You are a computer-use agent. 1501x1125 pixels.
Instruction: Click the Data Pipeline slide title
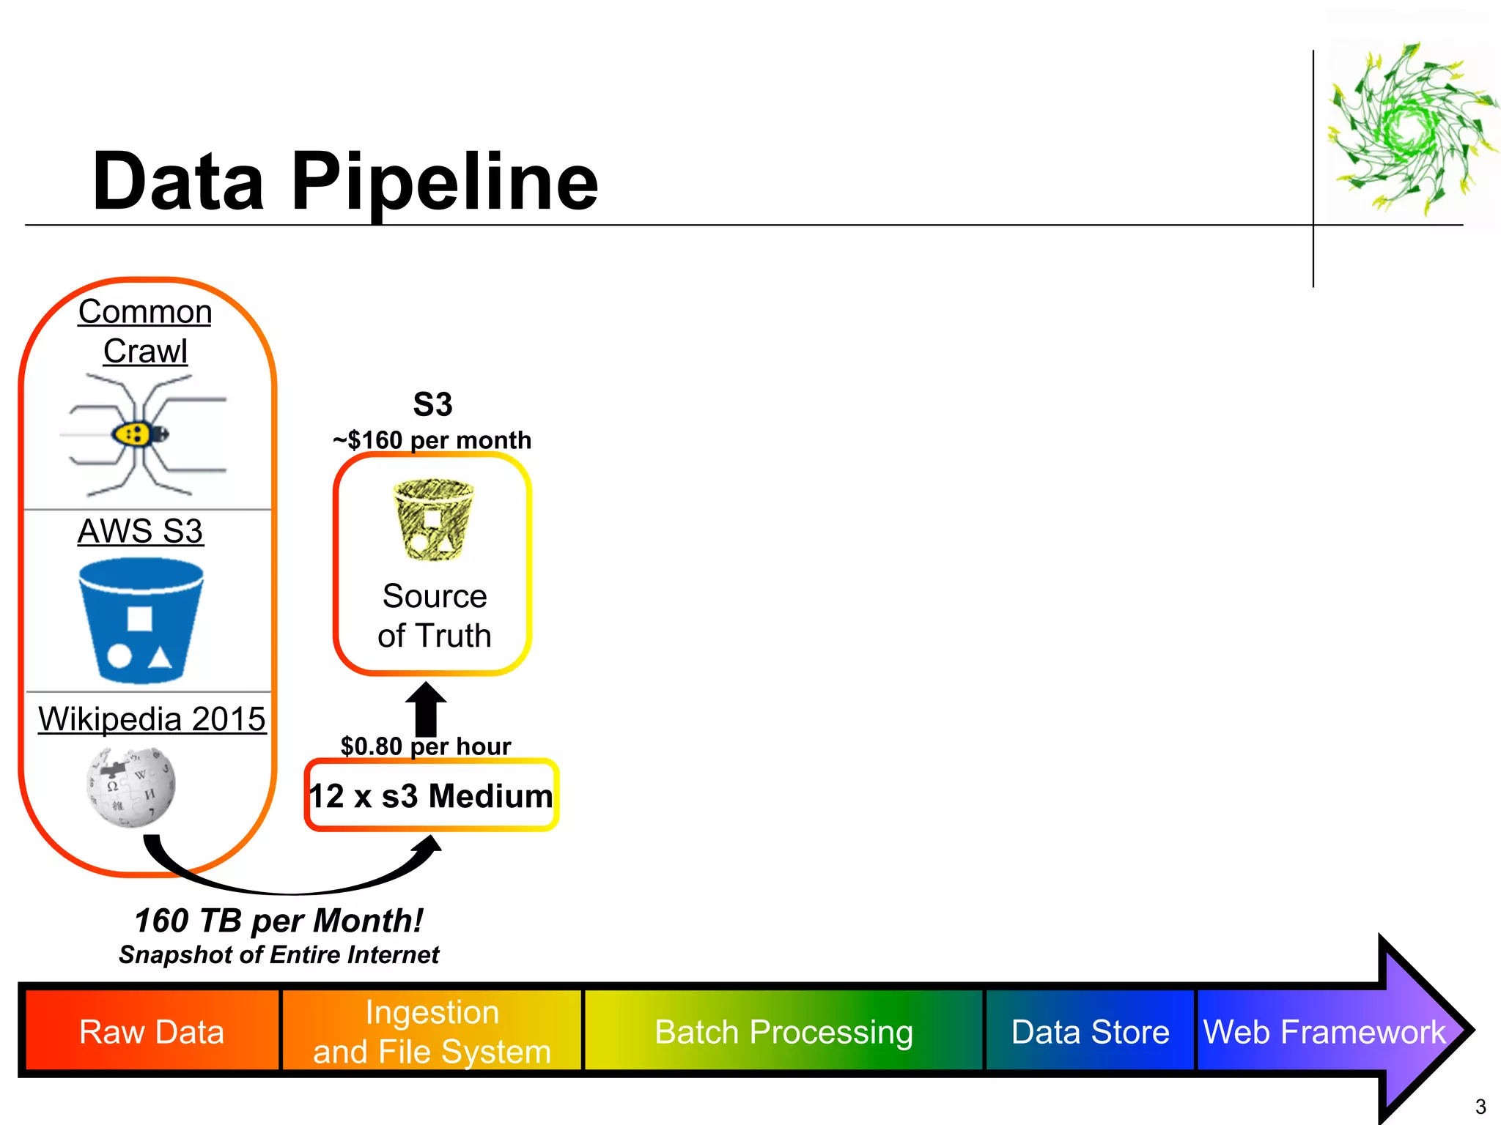pyautogui.click(x=344, y=182)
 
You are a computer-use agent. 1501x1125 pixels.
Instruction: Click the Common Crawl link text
pyautogui.click(x=145, y=331)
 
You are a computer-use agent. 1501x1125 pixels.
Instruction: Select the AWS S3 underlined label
pyautogui.click(x=140, y=531)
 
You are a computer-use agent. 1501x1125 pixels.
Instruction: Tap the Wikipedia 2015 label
pyautogui.click(x=152, y=719)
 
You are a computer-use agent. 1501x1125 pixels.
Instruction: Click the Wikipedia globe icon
pyautogui.click(x=131, y=787)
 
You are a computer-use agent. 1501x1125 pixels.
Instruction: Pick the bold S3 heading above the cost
pyautogui.click(x=432, y=404)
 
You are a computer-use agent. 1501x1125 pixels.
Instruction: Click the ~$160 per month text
pyautogui.click(x=432, y=440)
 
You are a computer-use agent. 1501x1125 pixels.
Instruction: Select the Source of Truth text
pyautogui.click(x=434, y=616)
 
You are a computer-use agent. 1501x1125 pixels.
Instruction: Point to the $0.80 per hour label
pyautogui.click(x=426, y=746)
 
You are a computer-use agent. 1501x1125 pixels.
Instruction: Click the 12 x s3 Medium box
pyautogui.click(x=431, y=795)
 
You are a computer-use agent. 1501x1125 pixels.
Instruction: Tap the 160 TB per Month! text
pyautogui.click(x=279, y=921)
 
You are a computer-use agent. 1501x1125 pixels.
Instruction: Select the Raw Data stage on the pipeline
pyautogui.click(x=152, y=1031)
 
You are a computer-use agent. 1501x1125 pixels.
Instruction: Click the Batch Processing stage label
pyautogui.click(x=783, y=1031)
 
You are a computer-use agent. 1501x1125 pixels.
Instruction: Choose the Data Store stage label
pyautogui.click(x=1090, y=1031)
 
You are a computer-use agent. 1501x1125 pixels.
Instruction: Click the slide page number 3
pyautogui.click(x=1480, y=1106)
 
